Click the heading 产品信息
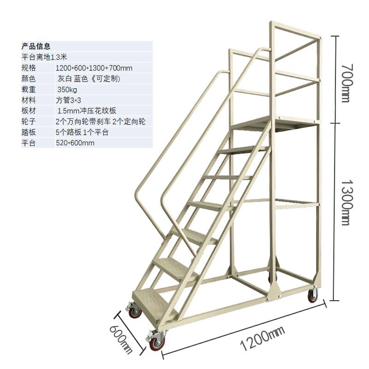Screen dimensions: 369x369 point(36,46)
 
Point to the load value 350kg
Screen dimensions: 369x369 point(67,89)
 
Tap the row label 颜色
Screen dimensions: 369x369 point(29,78)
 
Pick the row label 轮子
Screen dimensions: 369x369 point(29,121)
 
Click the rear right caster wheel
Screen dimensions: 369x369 point(313,296)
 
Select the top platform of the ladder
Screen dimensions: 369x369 point(272,122)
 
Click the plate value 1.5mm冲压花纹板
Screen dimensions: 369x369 point(86,111)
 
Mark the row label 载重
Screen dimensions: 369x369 point(29,89)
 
